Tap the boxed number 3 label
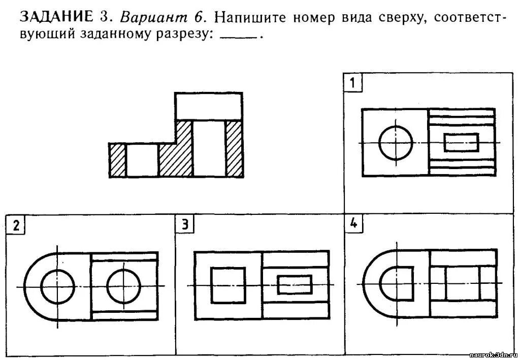185,225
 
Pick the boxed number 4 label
353,224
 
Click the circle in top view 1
396,143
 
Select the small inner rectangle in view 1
461,142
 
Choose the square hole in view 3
228,285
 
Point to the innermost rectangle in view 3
295,285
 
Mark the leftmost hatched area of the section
117,160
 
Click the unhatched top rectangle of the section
208,106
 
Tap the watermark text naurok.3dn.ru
494,354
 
